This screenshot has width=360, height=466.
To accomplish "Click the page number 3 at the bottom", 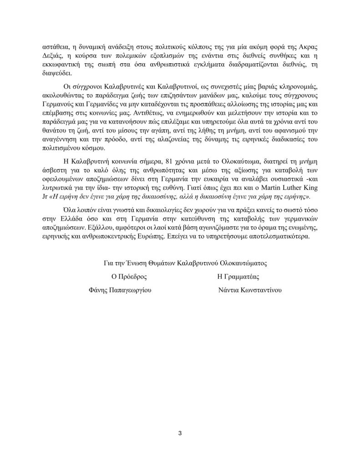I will (180, 433).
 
